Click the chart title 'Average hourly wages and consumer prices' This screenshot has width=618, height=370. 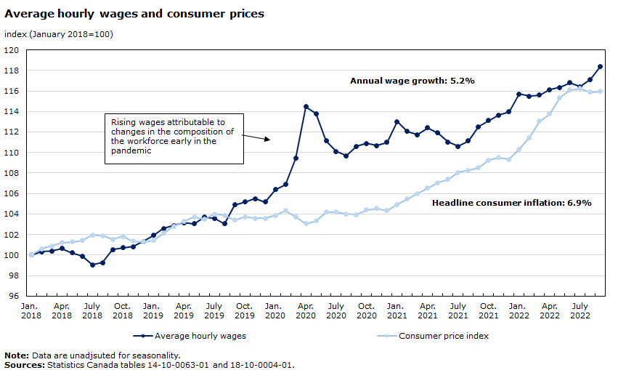134,14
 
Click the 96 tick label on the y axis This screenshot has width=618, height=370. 14,296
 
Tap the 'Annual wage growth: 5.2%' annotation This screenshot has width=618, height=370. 412,81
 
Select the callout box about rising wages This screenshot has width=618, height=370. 173,136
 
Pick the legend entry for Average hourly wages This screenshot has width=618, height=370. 190,336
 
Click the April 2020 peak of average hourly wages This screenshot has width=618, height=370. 306,107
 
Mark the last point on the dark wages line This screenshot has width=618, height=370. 601,67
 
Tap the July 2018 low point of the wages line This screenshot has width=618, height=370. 92,265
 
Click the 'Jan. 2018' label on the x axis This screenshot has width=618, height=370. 31,310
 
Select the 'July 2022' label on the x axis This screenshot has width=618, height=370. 580,310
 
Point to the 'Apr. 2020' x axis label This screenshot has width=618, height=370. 306,310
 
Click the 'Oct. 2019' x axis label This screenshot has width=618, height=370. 245,310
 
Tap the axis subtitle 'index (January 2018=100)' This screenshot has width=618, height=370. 59,34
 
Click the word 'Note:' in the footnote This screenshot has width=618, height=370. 17,355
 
